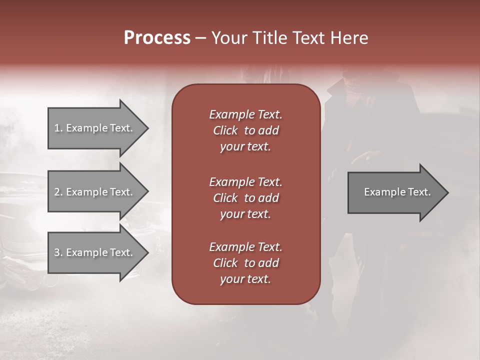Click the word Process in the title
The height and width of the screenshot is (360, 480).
click(157, 38)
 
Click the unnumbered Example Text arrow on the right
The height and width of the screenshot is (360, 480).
click(395, 192)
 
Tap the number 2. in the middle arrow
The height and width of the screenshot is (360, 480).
click(58, 192)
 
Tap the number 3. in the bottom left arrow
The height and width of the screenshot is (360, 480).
click(58, 252)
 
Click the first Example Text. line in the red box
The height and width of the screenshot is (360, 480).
click(245, 114)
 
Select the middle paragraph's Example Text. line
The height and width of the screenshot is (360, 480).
click(245, 181)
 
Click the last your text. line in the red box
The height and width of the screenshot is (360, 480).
click(245, 279)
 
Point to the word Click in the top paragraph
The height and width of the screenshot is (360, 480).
click(225, 130)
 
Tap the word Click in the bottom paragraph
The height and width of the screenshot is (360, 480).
click(225, 263)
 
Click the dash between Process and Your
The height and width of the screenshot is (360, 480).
click(200, 38)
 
